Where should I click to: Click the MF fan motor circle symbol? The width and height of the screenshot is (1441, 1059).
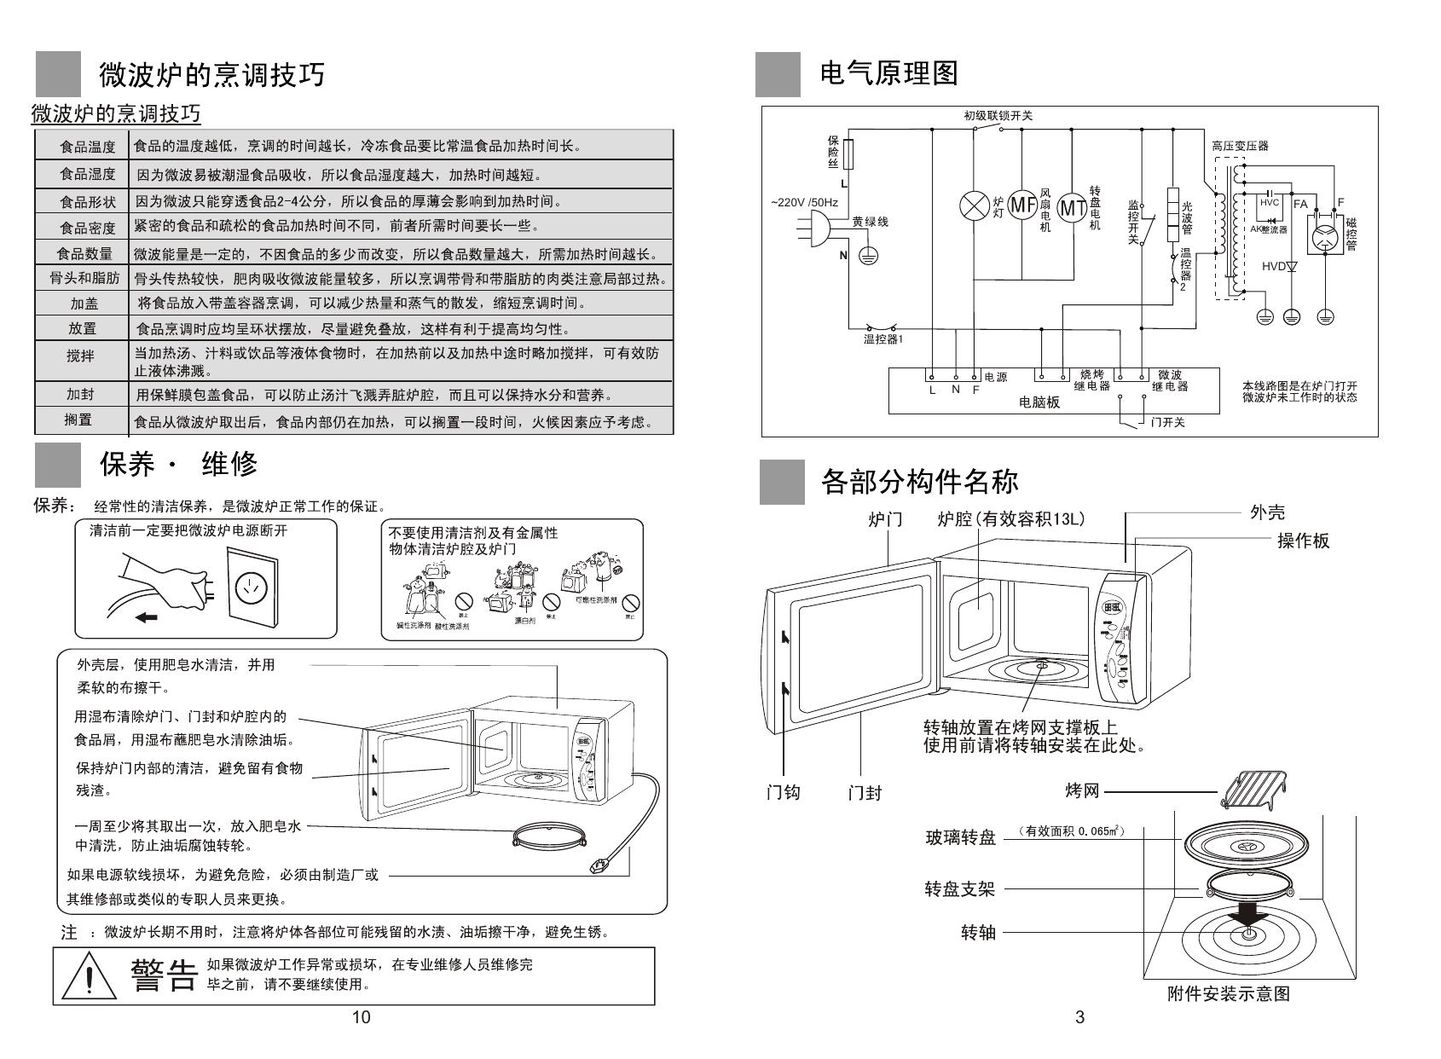click(x=1021, y=205)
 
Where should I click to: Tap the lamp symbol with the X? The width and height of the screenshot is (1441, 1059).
click(x=973, y=206)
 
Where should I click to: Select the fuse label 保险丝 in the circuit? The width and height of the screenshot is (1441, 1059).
click(x=833, y=151)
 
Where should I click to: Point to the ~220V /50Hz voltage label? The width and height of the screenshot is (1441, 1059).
click(x=804, y=203)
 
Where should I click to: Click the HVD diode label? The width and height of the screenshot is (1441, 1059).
click(x=1273, y=267)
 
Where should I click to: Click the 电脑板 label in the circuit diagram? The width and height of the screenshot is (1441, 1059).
click(x=1039, y=402)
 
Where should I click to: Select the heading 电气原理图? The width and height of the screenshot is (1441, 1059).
click(x=888, y=73)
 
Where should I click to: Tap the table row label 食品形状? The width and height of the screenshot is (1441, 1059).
click(x=87, y=202)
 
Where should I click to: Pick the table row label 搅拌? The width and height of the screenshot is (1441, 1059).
click(x=81, y=356)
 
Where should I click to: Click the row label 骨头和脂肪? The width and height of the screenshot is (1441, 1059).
click(x=84, y=279)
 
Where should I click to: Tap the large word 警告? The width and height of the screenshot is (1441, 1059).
click(x=164, y=975)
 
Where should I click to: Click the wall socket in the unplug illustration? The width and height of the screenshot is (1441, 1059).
click(x=252, y=585)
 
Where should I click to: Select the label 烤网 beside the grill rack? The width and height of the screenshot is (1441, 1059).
click(x=1082, y=791)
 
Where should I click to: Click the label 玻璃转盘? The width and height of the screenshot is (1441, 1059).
click(x=961, y=837)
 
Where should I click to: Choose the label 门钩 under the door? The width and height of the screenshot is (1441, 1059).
click(x=783, y=793)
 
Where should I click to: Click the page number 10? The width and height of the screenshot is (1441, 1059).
click(x=362, y=1017)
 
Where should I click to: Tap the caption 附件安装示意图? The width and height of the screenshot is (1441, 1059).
click(x=1228, y=994)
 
